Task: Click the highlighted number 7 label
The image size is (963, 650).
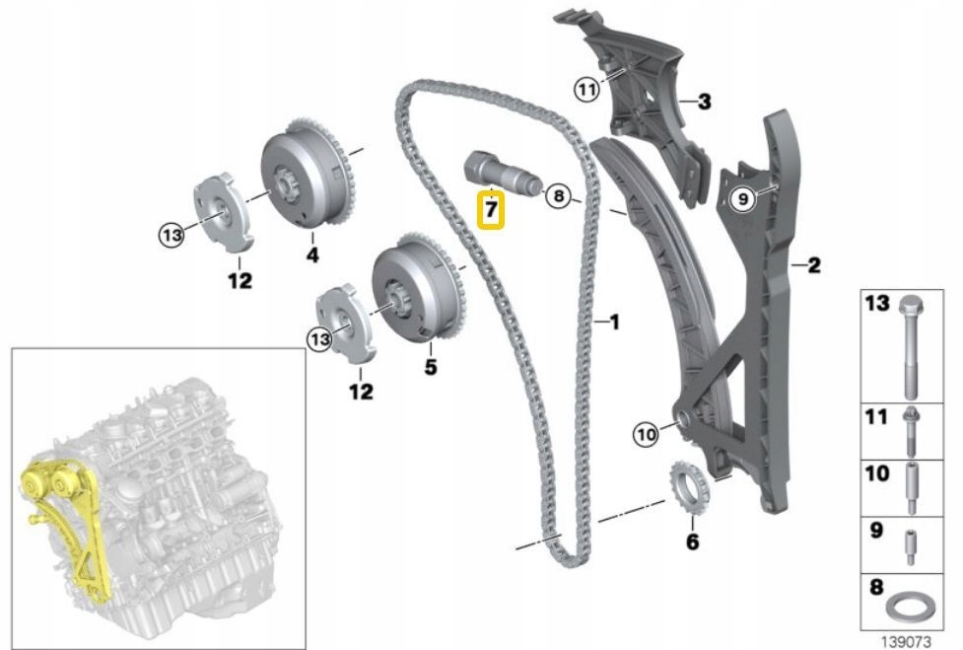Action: (490, 210)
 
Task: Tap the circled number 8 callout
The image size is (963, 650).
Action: (558, 196)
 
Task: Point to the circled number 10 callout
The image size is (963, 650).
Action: (645, 432)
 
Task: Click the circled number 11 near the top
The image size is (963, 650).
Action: (587, 91)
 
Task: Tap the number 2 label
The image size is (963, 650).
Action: (813, 264)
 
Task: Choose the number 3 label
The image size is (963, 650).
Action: (704, 101)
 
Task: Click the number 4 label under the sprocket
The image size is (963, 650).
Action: (311, 255)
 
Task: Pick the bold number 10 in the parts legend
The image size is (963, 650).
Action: (877, 475)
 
